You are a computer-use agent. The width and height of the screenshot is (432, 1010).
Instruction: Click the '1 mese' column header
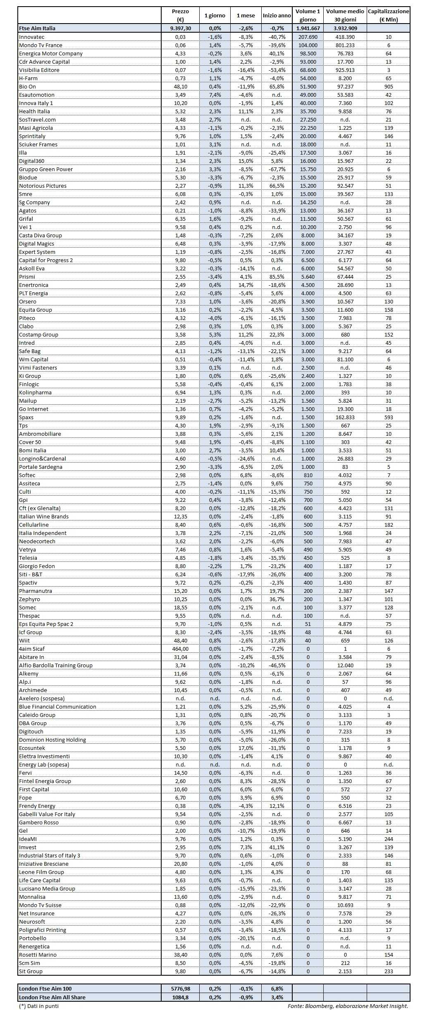pyautogui.click(x=246, y=15)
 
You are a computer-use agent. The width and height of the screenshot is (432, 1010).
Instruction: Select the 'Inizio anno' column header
pyautogui.click(x=277, y=15)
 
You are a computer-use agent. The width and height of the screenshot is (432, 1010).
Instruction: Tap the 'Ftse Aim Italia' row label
pyautogui.click(x=37, y=28)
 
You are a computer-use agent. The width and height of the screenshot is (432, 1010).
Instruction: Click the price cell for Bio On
pyautogui.click(x=180, y=86)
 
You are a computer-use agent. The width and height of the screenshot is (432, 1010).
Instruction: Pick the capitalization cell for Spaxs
pyautogui.click(x=388, y=417)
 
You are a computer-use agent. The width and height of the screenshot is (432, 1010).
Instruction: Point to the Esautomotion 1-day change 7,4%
pyautogui.click(x=215, y=95)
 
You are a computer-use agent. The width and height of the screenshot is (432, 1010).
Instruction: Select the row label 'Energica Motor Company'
pyautogui.click(x=51, y=53)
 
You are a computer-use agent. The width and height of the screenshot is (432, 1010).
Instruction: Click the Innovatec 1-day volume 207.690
pyautogui.click(x=308, y=37)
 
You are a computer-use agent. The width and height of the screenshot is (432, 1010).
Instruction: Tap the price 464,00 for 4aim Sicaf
pyautogui.click(x=180, y=649)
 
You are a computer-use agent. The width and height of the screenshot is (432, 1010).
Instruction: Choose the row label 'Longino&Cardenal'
pyautogui.click(x=43, y=458)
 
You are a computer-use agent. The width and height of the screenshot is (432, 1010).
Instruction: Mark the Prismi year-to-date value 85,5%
pyautogui.click(x=277, y=277)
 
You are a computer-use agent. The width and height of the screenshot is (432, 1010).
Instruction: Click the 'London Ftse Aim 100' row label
pyautogui.click(x=45, y=989)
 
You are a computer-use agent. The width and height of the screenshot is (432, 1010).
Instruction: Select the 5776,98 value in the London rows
pyautogui.click(x=180, y=989)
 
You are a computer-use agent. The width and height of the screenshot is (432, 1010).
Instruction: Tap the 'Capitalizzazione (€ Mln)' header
pyautogui.click(x=388, y=15)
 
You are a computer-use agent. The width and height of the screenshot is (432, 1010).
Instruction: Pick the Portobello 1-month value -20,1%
pyautogui.click(x=246, y=938)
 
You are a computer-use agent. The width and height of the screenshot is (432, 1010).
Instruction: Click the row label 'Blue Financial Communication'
pyautogui.click(x=57, y=707)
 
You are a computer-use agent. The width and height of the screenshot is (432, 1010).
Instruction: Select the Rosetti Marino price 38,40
pyautogui.click(x=180, y=955)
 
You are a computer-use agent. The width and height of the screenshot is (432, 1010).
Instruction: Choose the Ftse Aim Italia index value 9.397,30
pyautogui.click(x=180, y=28)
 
